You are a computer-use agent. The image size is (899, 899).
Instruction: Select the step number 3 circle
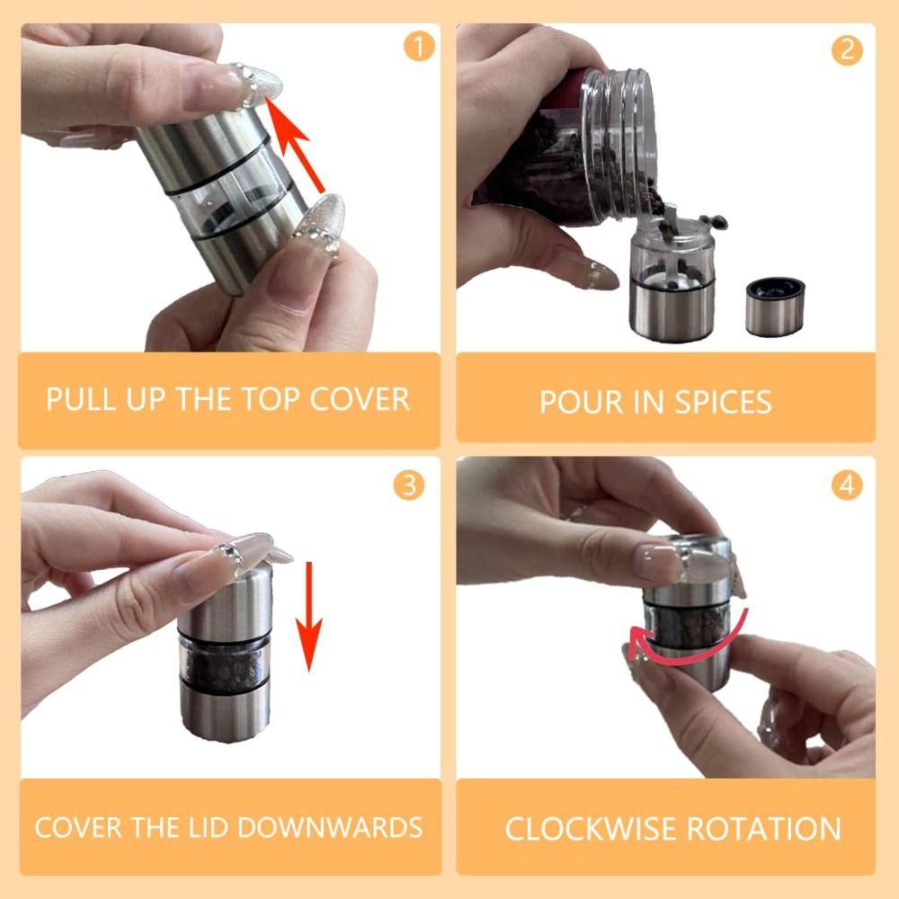tap(409, 485)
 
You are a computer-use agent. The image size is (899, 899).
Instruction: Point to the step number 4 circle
tap(846, 485)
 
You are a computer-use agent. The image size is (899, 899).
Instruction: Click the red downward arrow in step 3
tap(308, 616)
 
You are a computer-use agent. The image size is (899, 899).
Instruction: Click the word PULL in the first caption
tap(77, 399)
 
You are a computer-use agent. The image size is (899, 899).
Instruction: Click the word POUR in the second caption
tap(574, 402)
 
